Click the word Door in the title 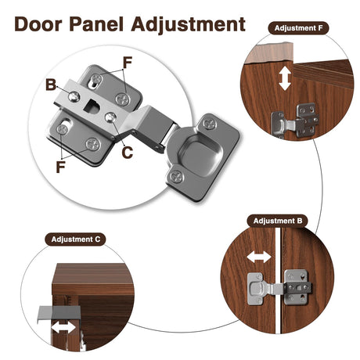coord(38,24)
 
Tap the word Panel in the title coord(96,24)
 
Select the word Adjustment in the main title coord(189,25)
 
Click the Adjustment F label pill coord(298,28)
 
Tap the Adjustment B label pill coord(278,221)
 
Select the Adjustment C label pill coord(75,239)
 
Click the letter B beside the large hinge coord(51,85)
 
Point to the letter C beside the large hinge coord(128,153)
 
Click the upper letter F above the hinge coord(128,63)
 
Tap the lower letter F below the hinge coord(60,167)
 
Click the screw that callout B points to coord(74,96)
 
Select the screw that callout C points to coord(111,117)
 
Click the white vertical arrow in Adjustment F coord(285,78)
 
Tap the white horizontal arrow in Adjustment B coord(259,257)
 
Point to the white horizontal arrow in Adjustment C coord(64,327)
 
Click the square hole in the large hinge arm coord(92,106)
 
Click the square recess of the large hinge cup coord(200,156)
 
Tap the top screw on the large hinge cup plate coord(210,123)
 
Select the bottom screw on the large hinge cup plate coord(177,177)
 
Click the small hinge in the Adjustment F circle coord(295,121)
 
